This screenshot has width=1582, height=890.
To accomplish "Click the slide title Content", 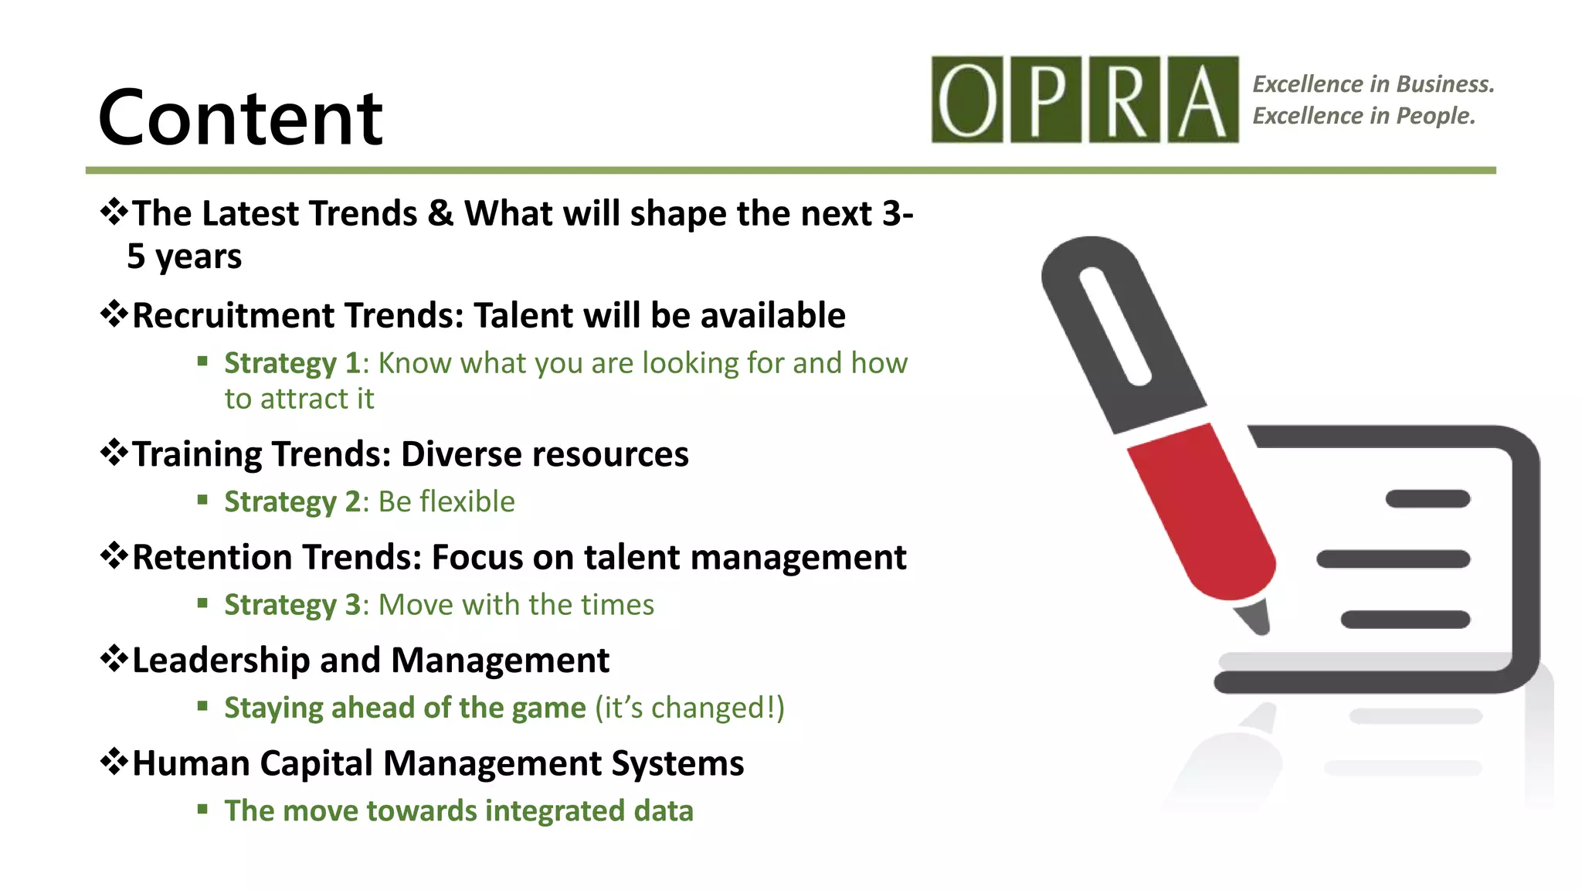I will (x=240, y=118).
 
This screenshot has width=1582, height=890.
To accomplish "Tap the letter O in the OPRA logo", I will (x=967, y=100).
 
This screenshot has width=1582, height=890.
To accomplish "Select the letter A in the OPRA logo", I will (x=1203, y=100).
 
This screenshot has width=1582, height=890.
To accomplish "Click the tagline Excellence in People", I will (x=1363, y=116).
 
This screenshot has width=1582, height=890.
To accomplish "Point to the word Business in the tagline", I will (x=1445, y=83).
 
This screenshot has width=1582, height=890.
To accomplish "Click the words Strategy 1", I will (x=292, y=364).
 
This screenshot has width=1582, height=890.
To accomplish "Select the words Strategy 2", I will (x=292, y=502).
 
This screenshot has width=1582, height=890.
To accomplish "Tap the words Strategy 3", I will (x=292, y=605).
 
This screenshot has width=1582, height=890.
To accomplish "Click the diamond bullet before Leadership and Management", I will (x=114, y=659).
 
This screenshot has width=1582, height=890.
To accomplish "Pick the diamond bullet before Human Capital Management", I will (x=114, y=762).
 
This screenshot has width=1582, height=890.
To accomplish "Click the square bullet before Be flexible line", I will (x=202, y=500).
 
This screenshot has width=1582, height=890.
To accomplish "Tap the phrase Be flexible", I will (x=446, y=502).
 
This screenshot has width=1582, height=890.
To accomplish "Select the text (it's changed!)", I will (x=689, y=708).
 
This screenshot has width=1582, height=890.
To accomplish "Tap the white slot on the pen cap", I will (x=1115, y=325).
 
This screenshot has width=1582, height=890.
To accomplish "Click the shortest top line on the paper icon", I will (x=1428, y=499).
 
